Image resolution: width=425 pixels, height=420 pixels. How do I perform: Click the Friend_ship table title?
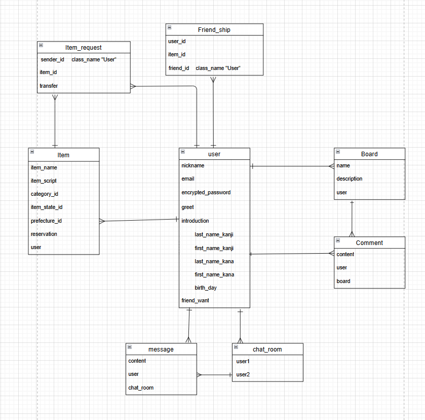(214, 30)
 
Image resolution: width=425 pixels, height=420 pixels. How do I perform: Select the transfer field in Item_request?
(49, 86)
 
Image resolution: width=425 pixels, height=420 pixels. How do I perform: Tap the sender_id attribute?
(53, 59)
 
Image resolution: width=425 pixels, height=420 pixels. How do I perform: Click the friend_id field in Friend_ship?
(179, 68)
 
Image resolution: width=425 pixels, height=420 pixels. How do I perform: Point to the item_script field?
(44, 181)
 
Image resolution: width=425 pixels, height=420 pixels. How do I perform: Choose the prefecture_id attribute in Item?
(46, 221)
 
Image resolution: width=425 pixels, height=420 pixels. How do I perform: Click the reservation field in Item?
(44, 234)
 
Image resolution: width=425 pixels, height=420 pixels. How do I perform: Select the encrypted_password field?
(206, 192)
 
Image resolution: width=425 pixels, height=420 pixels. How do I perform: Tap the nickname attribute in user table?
(193, 165)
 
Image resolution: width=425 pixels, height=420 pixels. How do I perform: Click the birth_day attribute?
(206, 288)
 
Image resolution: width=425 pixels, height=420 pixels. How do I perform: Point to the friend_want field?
(195, 300)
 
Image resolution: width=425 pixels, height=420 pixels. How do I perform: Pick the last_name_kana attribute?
(214, 261)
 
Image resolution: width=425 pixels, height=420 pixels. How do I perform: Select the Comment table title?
(369, 243)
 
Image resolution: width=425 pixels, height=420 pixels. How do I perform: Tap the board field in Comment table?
(343, 281)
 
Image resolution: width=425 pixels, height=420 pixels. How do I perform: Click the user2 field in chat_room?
(243, 374)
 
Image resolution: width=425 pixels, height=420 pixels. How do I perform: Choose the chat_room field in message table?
(141, 388)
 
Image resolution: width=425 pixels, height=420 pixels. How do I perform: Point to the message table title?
(161, 349)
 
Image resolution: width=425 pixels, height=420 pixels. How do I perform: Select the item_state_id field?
(47, 207)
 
